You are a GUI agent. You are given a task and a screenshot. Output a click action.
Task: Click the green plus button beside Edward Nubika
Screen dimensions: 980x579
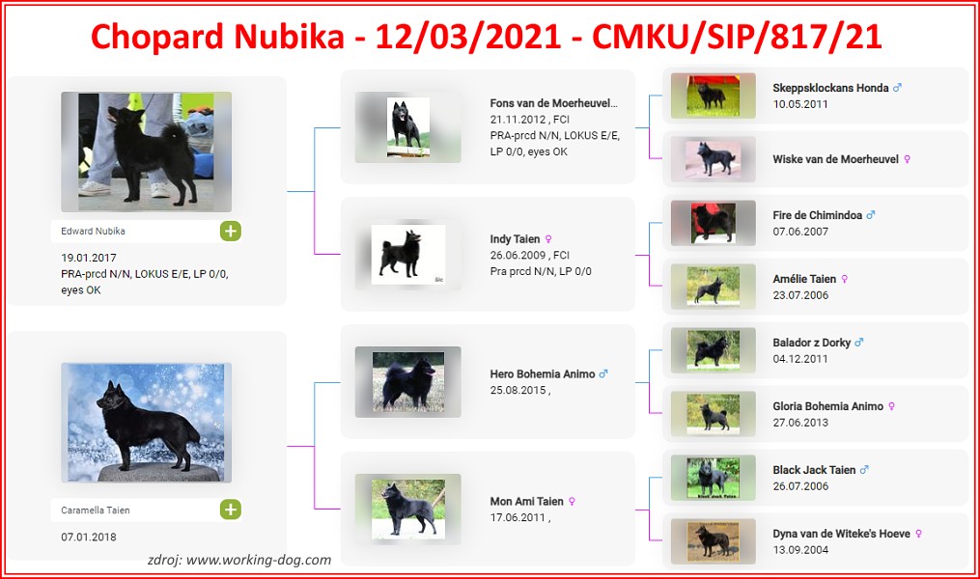pos(231,231)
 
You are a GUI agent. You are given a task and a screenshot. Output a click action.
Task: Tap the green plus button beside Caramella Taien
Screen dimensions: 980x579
pos(231,510)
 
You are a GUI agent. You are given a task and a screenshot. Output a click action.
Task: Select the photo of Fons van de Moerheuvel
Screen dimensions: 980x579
pos(408,127)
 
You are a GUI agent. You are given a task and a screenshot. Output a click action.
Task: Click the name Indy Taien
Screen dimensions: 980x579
pos(515,239)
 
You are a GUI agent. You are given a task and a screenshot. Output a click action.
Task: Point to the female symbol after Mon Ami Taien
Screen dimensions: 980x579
pos(572,502)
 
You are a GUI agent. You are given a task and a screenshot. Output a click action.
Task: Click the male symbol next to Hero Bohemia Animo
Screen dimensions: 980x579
pos(603,374)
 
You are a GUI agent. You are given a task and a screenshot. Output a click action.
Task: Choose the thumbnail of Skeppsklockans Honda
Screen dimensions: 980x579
pos(714,96)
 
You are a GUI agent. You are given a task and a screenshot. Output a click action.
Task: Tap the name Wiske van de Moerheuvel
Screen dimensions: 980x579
pos(835,159)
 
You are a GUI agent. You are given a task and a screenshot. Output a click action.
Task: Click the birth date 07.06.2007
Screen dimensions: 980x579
pos(800,232)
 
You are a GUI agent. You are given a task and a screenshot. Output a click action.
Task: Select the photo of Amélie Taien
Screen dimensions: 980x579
pos(714,287)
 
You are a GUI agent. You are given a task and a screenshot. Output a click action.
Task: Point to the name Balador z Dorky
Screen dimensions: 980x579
pos(811,343)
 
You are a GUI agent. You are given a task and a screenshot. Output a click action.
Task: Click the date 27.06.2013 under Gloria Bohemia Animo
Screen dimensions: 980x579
pos(800,423)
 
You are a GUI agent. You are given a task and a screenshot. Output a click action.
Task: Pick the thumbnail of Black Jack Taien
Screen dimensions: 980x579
pos(714,478)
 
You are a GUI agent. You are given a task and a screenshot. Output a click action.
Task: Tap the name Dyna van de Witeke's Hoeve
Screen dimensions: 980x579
pos(841,534)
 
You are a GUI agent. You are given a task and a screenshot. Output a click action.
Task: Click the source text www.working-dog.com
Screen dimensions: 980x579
pos(259,561)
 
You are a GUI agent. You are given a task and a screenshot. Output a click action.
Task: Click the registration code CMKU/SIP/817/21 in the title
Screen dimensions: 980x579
pos(738,37)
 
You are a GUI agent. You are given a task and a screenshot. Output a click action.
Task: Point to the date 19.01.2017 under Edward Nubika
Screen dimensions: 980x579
pos(89,258)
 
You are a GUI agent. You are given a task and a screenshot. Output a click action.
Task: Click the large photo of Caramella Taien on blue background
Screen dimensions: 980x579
pos(146,423)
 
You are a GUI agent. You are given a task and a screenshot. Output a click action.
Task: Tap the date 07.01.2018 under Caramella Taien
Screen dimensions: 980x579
pos(89,538)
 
